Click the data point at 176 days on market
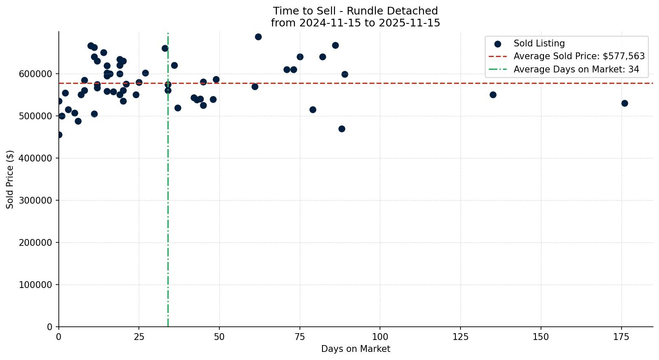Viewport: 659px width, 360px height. (x=624, y=103)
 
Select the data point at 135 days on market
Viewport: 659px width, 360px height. (x=493, y=95)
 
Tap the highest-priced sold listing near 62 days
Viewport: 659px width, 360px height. (x=258, y=37)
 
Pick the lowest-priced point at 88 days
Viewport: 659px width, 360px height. (x=342, y=129)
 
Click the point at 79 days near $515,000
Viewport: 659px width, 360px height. (x=313, y=109)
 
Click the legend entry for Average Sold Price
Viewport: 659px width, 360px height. (x=579, y=56)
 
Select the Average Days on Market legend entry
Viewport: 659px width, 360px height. (x=576, y=69)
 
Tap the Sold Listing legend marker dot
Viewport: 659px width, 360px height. (x=498, y=43)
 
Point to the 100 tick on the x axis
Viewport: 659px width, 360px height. (x=380, y=337)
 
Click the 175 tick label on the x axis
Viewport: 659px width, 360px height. (x=621, y=337)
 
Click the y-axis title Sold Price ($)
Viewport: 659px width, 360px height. (x=10, y=179)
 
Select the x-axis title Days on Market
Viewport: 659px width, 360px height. (x=356, y=349)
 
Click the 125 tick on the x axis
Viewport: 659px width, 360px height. (x=460, y=337)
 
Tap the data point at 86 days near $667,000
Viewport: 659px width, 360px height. (x=335, y=45)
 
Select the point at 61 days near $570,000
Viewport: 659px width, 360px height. (x=255, y=86)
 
